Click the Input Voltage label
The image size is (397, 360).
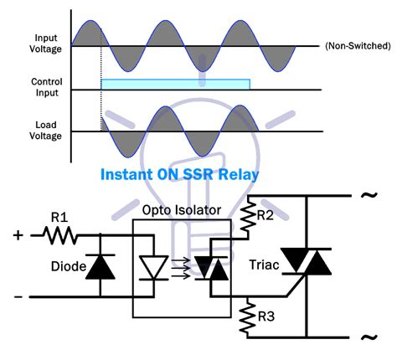(45, 44)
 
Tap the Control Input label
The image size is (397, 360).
(45, 85)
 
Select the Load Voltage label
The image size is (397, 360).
(45, 129)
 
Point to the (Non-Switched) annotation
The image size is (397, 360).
(356, 45)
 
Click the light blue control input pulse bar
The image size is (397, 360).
(175, 85)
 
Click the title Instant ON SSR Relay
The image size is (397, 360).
(179, 176)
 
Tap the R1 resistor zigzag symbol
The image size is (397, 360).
(61, 238)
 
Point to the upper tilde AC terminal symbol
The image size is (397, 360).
(366, 196)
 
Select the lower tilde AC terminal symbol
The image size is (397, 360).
(366, 337)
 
